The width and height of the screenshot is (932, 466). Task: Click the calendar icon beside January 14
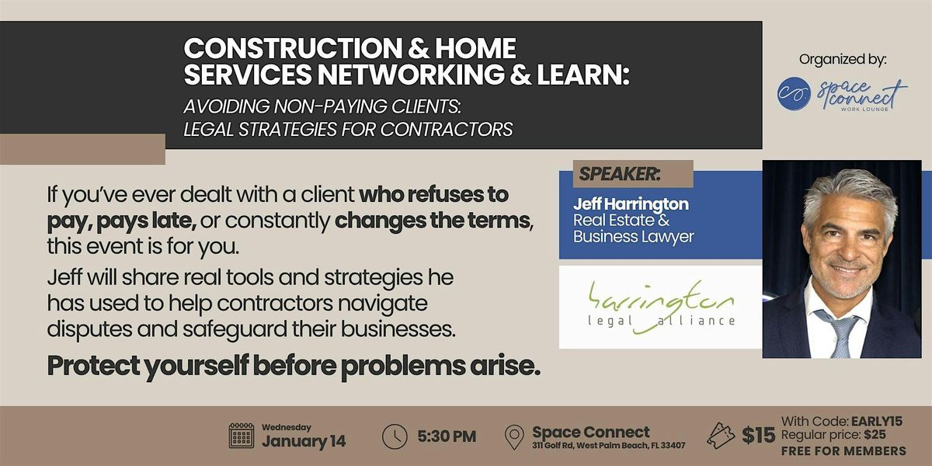click(242, 436)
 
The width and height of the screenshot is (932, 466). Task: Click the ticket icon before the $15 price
click(720, 436)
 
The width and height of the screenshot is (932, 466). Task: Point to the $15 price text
click(757, 436)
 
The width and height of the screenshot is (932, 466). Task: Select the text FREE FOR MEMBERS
click(843, 451)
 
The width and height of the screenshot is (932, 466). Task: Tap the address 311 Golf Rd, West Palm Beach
click(609, 445)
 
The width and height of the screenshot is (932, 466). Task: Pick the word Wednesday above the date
click(287, 426)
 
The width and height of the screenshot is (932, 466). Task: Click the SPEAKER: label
click(619, 174)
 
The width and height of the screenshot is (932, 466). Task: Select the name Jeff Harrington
click(631, 203)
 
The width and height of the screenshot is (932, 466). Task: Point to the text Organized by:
click(842, 59)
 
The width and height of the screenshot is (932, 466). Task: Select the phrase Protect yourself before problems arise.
click(294, 367)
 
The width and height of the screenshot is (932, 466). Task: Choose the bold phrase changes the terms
click(433, 220)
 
